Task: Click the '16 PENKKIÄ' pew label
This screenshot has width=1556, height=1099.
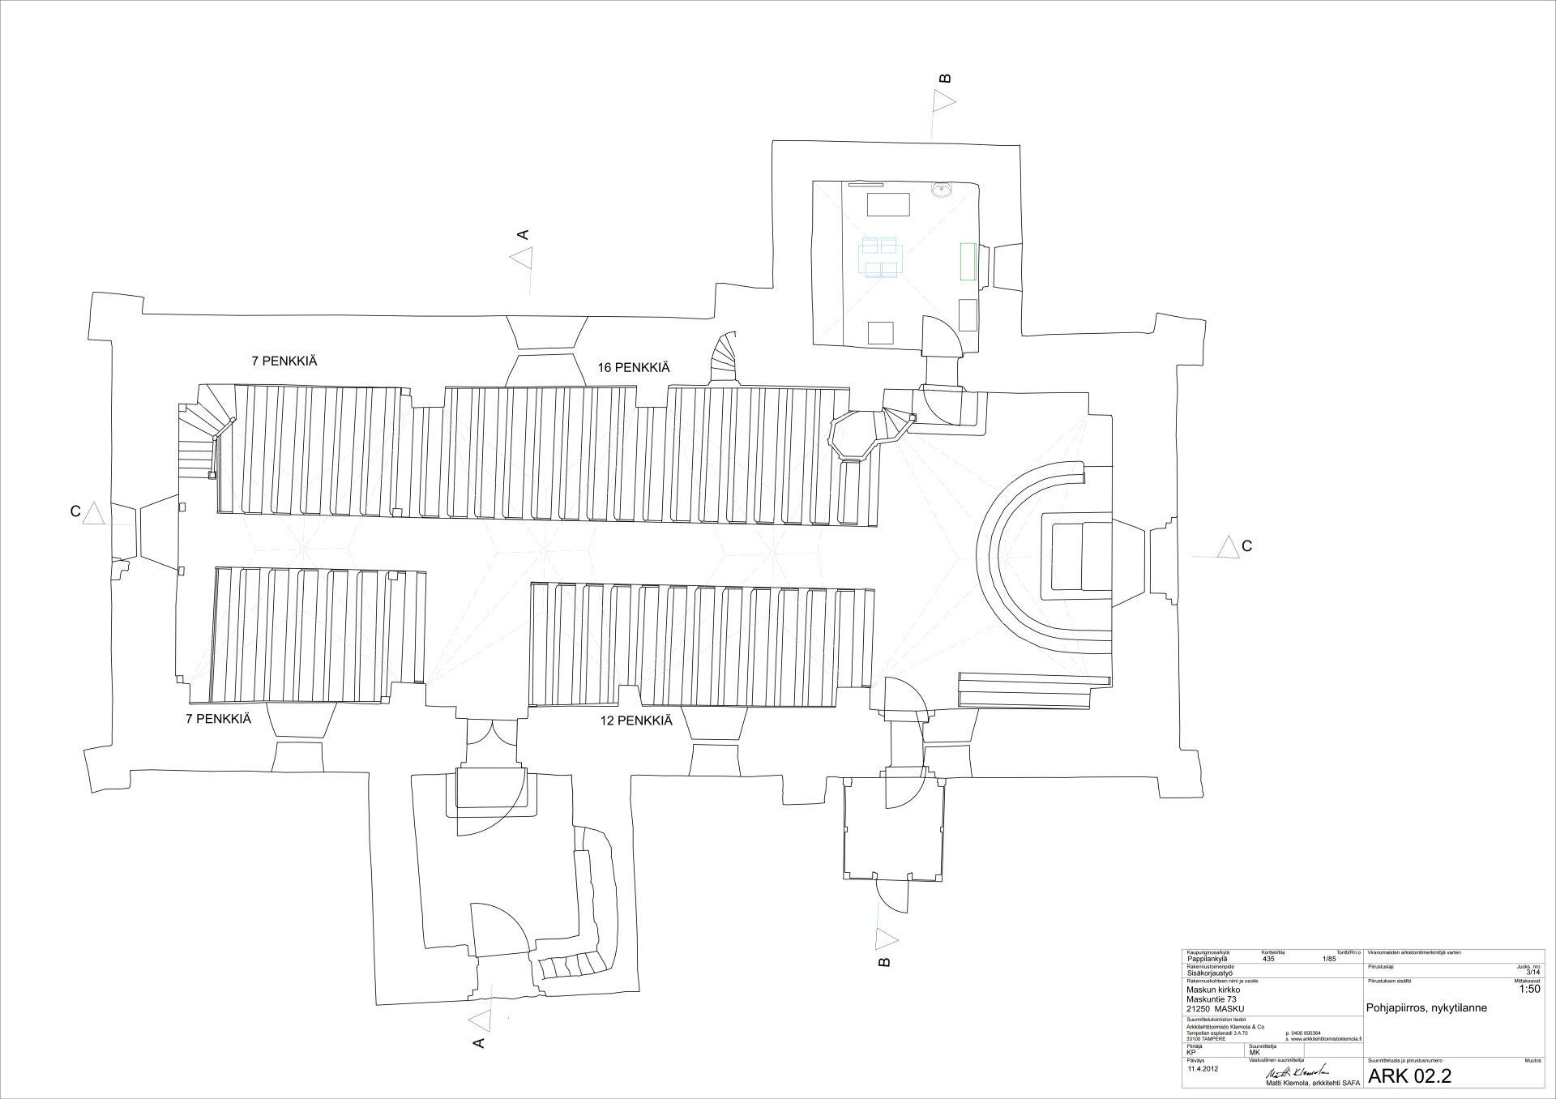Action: (634, 367)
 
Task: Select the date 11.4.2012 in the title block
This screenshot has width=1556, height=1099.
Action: (1203, 1068)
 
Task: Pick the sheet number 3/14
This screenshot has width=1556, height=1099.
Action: (1531, 972)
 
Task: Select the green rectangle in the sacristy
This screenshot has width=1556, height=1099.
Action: (966, 261)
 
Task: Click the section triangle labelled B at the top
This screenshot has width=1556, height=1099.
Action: (943, 101)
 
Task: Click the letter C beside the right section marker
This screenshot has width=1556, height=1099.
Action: (1246, 546)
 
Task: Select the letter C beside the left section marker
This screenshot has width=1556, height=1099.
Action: (75, 511)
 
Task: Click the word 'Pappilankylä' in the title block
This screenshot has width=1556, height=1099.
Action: (1205, 957)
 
